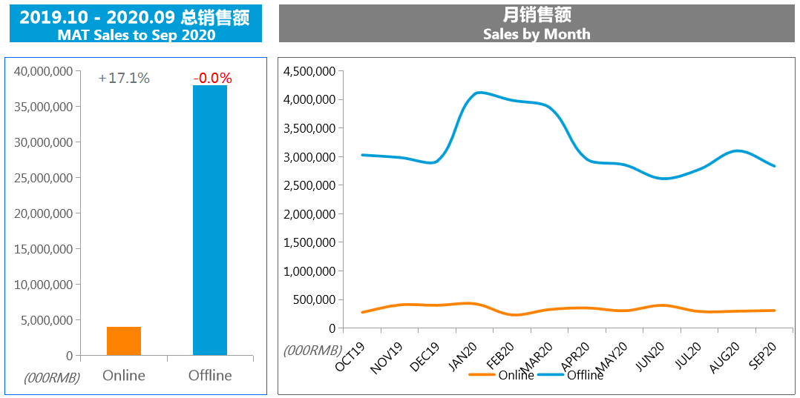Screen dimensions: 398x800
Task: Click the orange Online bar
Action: tap(124, 341)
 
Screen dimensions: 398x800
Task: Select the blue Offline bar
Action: tap(210, 220)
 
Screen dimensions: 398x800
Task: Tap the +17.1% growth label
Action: tap(124, 78)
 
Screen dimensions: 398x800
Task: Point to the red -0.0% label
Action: tap(212, 78)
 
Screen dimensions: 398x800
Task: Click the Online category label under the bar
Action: tap(124, 375)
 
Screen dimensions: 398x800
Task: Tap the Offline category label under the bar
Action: tap(210, 375)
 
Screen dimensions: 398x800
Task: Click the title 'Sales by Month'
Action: tap(537, 34)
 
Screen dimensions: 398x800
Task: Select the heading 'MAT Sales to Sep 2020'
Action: tap(137, 35)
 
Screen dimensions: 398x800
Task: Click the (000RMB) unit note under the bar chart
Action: tap(51, 377)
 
